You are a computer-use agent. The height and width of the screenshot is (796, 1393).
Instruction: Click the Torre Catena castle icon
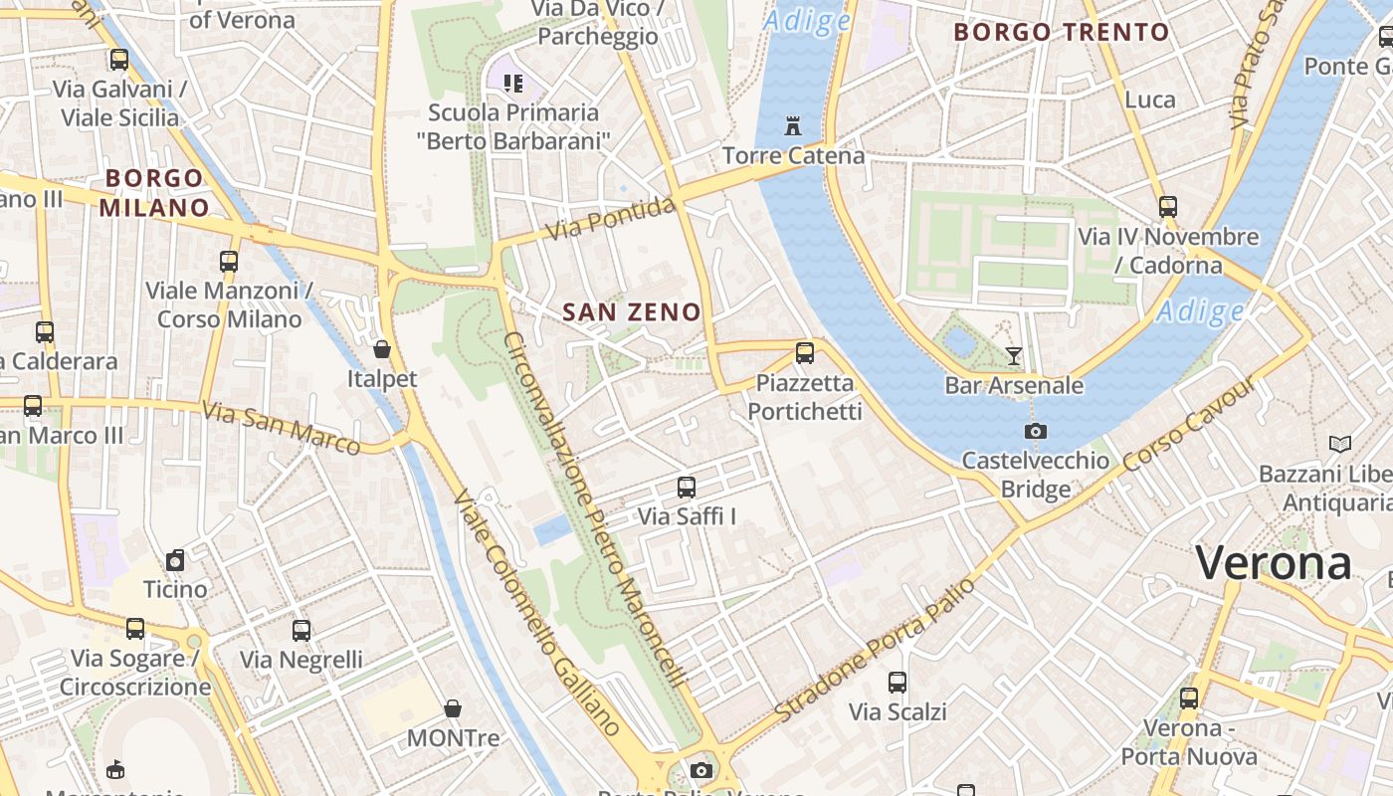[793, 126]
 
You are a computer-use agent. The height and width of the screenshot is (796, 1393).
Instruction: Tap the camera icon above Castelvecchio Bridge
[1036, 431]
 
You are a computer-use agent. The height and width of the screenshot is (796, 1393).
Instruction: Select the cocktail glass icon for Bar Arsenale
[1014, 355]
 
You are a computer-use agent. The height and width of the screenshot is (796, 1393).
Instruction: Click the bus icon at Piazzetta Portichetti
[805, 352]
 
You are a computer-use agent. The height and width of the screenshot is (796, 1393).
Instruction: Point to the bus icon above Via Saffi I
[687, 487]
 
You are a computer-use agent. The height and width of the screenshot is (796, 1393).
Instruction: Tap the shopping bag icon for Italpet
[381, 349]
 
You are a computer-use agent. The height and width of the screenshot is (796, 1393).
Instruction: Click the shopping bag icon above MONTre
[453, 708]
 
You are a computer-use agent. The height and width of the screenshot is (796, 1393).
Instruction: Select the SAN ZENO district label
[632, 312]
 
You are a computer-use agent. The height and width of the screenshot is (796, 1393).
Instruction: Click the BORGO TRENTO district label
[1062, 32]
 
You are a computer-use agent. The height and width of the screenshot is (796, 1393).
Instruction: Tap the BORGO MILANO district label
[154, 193]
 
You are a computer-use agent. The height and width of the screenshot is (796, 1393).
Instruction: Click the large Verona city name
[1274, 563]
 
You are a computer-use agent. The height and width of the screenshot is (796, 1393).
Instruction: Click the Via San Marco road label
[282, 428]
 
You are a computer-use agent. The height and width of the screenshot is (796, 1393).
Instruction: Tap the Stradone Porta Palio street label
[876, 651]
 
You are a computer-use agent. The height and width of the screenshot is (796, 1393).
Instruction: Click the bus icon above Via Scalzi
[897, 683]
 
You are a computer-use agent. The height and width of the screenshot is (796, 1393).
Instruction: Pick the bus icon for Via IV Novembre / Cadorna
[1168, 207]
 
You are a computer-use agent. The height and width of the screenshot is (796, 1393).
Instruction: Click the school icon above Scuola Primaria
[512, 83]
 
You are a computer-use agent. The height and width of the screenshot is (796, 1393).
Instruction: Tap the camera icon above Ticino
[176, 560]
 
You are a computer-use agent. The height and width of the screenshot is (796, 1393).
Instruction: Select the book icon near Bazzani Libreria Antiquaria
[1340, 444]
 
